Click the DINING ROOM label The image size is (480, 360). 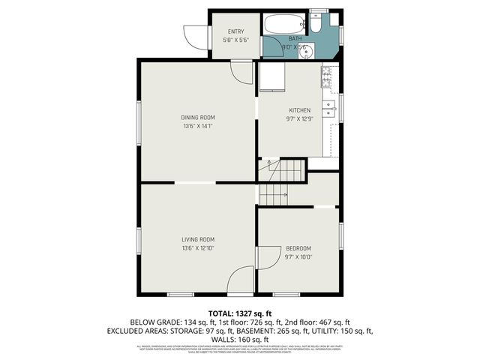(198, 117)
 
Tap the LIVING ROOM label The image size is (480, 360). (198, 239)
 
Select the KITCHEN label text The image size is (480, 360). (299, 110)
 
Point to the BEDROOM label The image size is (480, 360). (298, 248)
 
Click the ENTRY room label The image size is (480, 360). (235, 31)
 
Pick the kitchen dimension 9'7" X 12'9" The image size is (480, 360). (299, 119)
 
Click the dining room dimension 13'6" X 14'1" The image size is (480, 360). (198, 126)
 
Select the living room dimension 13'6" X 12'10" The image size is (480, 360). (198, 248)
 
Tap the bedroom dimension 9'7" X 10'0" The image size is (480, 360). (298, 257)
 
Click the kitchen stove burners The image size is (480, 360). (326, 74)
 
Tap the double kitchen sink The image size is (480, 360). (328, 108)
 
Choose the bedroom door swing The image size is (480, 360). (265, 257)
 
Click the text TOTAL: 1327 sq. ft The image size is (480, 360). (239, 313)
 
